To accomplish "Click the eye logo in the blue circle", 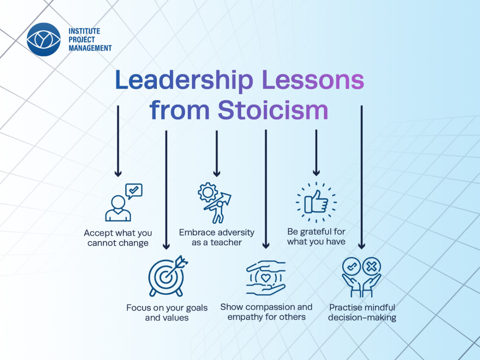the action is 44,39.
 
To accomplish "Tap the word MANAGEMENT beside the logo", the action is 90,48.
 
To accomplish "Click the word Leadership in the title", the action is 184,80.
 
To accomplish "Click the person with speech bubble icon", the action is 124,202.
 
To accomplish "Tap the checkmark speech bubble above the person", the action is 134,191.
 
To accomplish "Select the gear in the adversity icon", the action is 208,192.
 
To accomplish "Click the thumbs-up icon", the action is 316,202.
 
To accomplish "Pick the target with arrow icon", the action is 168,276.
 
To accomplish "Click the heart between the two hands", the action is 266,278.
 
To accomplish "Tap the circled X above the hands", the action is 371,267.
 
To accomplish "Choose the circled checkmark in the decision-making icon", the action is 352,267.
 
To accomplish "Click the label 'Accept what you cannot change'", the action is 118,238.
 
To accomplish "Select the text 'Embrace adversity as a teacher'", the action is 216,237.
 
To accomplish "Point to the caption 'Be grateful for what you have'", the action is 316,237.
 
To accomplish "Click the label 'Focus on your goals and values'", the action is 167,312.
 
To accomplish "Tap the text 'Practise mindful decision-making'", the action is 362,312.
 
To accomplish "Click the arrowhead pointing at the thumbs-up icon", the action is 316,173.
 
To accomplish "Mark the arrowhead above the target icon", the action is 166,246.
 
